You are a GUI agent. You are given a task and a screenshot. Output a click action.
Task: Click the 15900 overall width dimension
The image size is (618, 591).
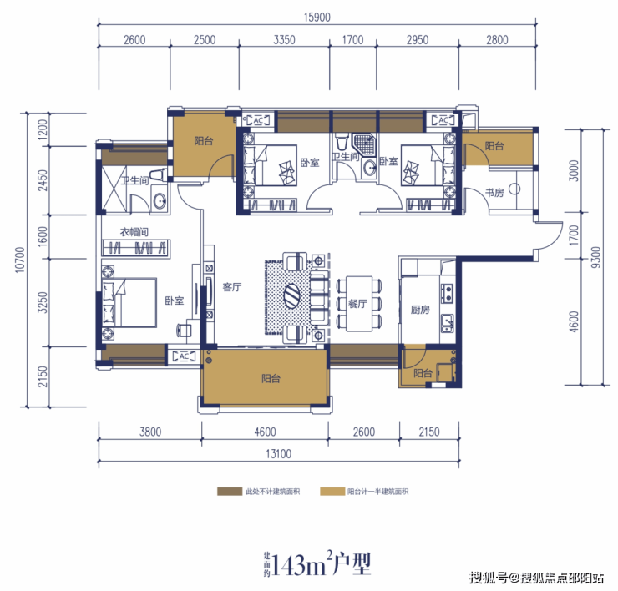(317, 18)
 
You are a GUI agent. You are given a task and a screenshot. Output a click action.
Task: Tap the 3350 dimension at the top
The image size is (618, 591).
(284, 40)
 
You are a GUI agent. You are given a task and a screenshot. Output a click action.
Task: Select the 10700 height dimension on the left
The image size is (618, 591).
(20, 260)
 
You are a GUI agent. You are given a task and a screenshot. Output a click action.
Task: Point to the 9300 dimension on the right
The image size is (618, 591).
(596, 257)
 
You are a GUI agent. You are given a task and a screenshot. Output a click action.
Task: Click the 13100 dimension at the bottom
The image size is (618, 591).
(279, 454)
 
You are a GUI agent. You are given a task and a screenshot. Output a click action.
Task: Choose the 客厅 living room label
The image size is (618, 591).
(232, 287)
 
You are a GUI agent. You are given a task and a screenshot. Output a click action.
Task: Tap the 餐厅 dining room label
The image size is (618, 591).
(357, 303)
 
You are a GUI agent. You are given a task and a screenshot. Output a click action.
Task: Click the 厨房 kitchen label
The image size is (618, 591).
(420, 310)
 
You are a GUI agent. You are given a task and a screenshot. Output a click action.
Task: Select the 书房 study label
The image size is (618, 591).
(494, 193)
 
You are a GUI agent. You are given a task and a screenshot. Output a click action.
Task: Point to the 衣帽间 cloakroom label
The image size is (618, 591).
(134, 232)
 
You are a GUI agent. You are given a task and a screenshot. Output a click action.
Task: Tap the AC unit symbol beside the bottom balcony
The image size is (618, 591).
(184, 356)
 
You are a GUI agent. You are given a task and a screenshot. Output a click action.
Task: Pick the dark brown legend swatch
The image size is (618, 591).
(230, 492)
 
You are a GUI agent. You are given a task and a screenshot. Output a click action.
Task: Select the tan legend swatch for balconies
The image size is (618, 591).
(332, 492)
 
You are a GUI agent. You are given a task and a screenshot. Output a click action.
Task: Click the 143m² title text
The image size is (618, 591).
(317, 564)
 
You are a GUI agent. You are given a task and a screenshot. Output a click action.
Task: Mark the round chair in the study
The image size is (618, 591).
(514, 189)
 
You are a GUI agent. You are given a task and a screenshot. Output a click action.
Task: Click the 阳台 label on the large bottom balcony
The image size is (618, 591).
(271, 379)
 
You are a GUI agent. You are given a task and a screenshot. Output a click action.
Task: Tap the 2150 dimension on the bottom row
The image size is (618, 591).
(428, 432)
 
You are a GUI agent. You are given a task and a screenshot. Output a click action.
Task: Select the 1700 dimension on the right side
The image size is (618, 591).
(574, 235)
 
